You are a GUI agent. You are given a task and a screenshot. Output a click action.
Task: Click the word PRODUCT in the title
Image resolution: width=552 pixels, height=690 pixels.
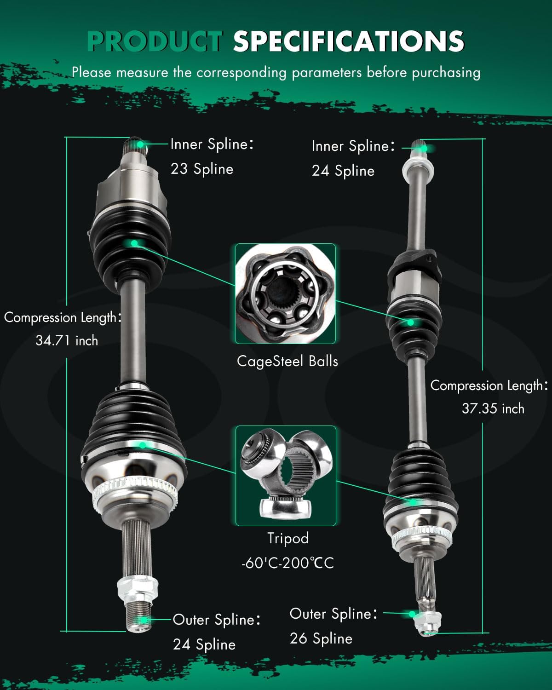point(155,41)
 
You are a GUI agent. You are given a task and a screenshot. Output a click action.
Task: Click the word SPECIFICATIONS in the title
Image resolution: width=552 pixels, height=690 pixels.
point(348,41)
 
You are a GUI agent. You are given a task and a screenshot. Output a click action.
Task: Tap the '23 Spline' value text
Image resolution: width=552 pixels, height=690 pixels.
point(202,169)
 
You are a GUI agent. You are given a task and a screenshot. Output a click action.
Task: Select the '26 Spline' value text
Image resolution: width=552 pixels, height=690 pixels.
point(321,638)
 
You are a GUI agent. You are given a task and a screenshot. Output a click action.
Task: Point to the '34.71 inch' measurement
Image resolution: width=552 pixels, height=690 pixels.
point(67,340)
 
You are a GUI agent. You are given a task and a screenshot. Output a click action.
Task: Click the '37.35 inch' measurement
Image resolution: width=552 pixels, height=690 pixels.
point(493,408)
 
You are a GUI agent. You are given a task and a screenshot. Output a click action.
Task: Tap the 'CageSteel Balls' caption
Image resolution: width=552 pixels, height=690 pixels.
point(287,361)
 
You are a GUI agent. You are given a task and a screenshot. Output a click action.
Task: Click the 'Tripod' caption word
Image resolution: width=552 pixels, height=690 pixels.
point(288,538)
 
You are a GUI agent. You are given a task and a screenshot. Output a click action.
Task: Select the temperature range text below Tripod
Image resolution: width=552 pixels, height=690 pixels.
point(288,563)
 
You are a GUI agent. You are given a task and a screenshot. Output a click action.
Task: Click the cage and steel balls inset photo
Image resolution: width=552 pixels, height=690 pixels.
point(286,294)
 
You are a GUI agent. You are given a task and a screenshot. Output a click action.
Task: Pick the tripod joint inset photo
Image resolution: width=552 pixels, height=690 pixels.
point(286,476)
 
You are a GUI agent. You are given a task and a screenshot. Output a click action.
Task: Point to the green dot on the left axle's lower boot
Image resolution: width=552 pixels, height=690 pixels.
point(143,445)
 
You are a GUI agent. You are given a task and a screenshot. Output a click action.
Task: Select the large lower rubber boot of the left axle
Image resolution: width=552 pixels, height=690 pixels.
point(133,423)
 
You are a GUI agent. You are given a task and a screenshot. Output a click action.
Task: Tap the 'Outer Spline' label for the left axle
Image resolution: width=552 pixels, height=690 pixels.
point(216,620)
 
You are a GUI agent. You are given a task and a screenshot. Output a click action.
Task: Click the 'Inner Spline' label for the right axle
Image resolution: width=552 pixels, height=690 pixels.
point(353,146)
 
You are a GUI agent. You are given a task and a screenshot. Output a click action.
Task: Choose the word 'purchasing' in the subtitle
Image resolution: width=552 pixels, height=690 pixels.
point(446,72)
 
